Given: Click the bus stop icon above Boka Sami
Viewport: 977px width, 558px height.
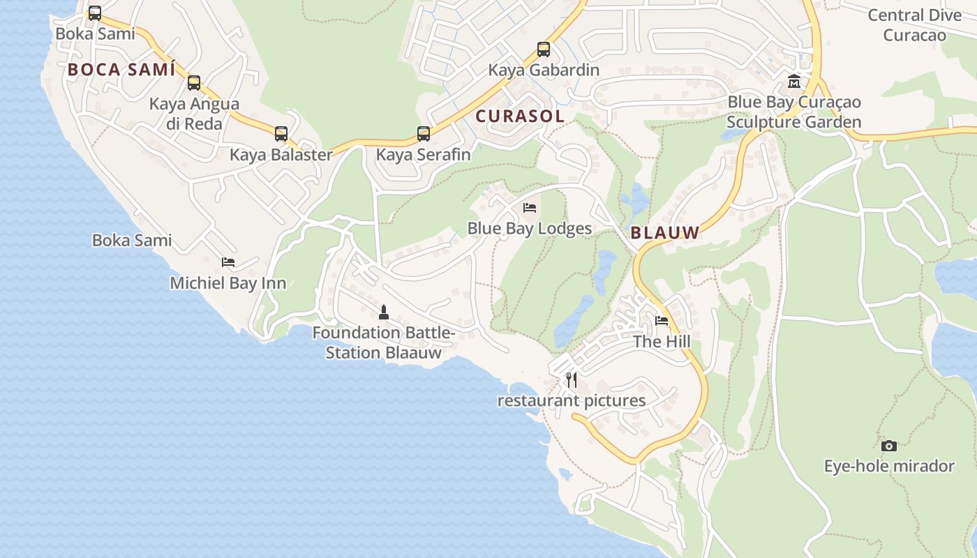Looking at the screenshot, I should [95, 13].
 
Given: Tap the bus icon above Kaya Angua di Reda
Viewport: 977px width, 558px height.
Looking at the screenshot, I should [194, 83].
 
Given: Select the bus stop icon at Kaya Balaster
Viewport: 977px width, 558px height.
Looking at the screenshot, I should [281, 134].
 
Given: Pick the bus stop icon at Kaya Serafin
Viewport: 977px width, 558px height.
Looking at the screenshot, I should [424, 134].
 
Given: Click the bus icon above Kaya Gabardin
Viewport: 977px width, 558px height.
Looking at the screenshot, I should [544, 50].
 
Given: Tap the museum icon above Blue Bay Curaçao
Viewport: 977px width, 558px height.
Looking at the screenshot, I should [794, 82].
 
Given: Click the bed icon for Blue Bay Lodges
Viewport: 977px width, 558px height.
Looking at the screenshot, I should [530, 208].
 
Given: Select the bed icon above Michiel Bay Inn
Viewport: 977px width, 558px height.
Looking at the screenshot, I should [228, 262].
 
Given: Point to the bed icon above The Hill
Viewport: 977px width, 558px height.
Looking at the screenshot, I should [662, 321].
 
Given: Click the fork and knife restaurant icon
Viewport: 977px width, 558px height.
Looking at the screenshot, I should [572, 380].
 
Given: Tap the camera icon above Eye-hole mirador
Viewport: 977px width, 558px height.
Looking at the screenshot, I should [889, 446].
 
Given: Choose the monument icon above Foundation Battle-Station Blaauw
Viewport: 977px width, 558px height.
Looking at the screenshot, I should [383, 312].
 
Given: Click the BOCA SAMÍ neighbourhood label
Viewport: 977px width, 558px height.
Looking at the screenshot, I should [121, 70].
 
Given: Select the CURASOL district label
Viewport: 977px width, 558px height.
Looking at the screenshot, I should [520, 116].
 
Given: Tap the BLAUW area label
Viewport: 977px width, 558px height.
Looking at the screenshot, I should [665, 233].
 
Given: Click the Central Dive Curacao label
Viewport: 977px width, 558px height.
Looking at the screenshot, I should [914, 25].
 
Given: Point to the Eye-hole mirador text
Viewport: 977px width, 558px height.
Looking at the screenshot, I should [889, 466].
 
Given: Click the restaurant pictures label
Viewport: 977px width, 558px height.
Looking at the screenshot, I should [572, 401].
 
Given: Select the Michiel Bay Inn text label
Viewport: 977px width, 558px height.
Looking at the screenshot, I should [228, 283].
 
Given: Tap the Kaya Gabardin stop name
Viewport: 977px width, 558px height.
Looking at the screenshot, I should [544, 70].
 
